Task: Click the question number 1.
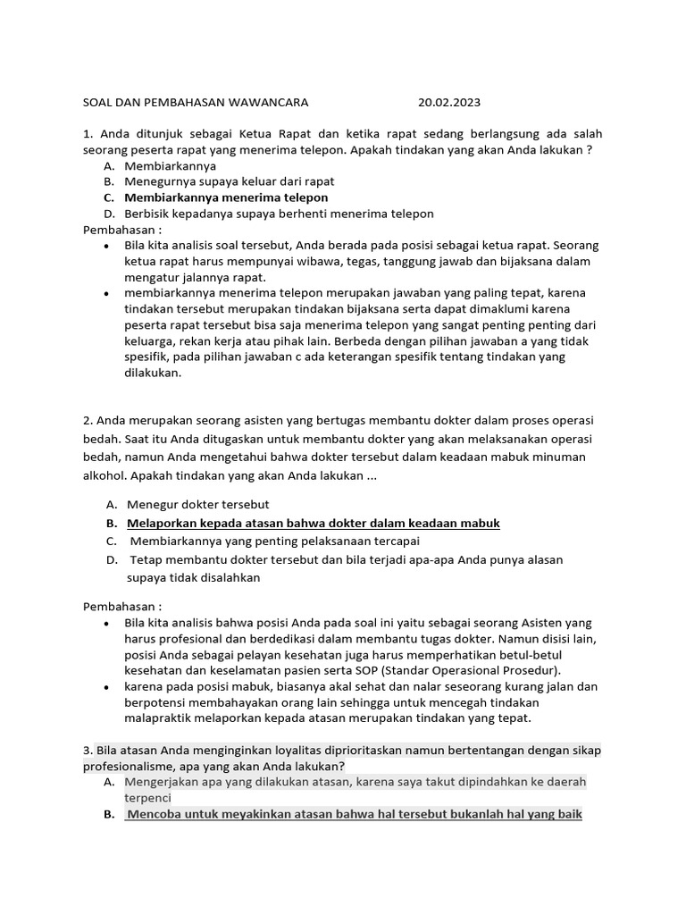pyautogui.click(x=88, y=134)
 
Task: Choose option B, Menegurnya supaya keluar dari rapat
pyautogui.click(x=230, y=181)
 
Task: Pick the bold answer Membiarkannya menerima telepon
pyautogui.click(x=226, y=197)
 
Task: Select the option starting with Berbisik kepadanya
pyautogui.click(x=279, y=214)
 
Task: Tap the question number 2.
pyautogui.click(x=88, y=420)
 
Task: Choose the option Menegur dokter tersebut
pyautogui.click(x=198, y=505)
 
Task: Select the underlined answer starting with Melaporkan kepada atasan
pyautogui.click(x=314, y=523)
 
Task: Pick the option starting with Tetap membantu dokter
pyautogui.click(x=347, y=559)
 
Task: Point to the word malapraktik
pyautogui.click(x=160, y=718)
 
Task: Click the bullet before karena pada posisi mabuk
pyautogui.click(x=107, y=687)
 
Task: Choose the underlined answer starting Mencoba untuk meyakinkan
pyautogui.click(x=354, y=815)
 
